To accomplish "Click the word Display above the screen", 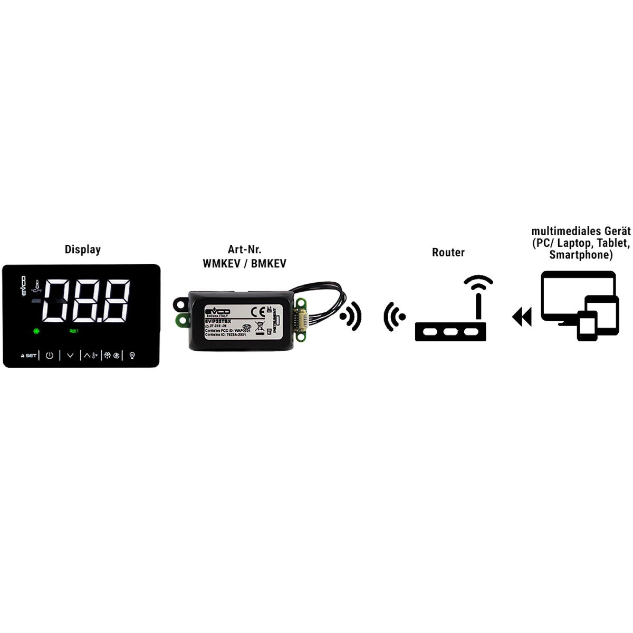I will pyautogui.click(x=82, y=250).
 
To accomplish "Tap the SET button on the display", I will pyautogui.click(x=29, y=356).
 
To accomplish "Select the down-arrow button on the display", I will pyautogui.click(x=70, y=356).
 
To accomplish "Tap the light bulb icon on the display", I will pyautogui.click(x=132, y=356).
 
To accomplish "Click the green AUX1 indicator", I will pyautogui.click(x=74, y=331).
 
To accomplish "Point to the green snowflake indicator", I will pyautogui.click(x=36, y=331).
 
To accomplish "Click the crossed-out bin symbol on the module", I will pyautogui.click(x=259, y=325).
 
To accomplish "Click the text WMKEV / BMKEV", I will pyautogui.click(x=244, y=263).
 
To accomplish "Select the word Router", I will pyautogui.click(x=448, y=252).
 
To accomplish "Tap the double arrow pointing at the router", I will pyautogui.click(x=522, y=317).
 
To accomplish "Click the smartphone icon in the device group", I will pyautogui.click(x=587, y=325).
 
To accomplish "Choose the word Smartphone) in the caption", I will pyautogui.click(x=581, y=255).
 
